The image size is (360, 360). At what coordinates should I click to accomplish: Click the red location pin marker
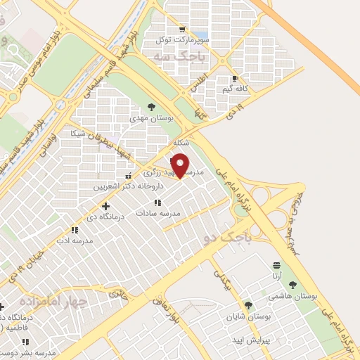(181, 165)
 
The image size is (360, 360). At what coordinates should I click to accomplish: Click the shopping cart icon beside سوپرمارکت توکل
(182, 29)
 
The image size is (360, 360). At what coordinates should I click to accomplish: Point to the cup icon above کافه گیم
(234, 78)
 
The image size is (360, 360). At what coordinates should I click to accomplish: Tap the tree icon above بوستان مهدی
(151, 106)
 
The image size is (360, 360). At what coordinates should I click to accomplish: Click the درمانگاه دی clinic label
(105, 217)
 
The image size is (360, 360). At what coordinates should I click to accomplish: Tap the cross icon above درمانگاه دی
(105, 207)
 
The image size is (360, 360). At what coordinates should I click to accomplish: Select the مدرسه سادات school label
(158, 212)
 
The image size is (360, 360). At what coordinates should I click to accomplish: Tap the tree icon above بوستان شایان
(247, 305)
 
